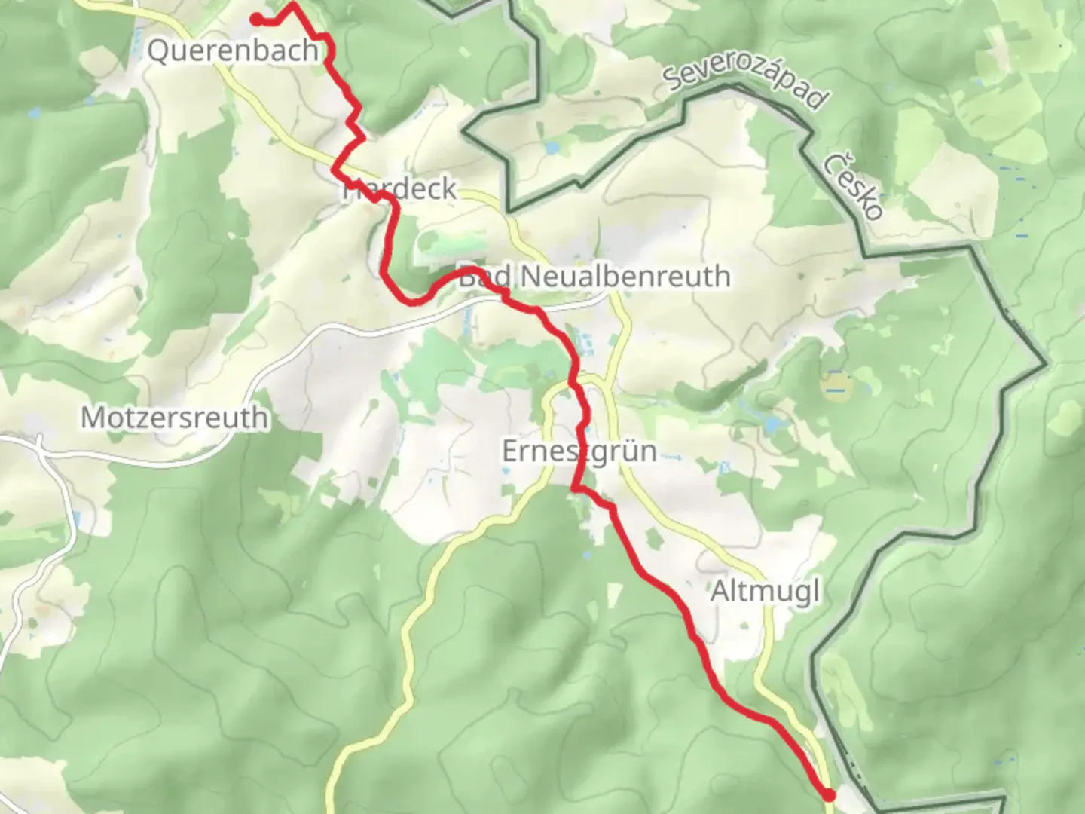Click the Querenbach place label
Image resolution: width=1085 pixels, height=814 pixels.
[233, 51]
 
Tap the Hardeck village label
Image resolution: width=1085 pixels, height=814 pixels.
[400, 188]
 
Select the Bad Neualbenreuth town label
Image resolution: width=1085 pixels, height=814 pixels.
[594, 277]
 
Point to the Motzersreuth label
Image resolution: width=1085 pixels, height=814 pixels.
[174, 417]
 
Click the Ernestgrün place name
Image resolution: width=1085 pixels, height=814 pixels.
[579, 451]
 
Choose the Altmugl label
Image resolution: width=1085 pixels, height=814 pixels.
[765, 592]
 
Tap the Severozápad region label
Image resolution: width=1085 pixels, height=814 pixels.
[747, 87]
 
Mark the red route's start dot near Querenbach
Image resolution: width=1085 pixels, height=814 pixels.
[257, 19]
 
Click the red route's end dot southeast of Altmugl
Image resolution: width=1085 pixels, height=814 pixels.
[829, 794]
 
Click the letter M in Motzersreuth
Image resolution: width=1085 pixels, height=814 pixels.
[92, 417]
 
